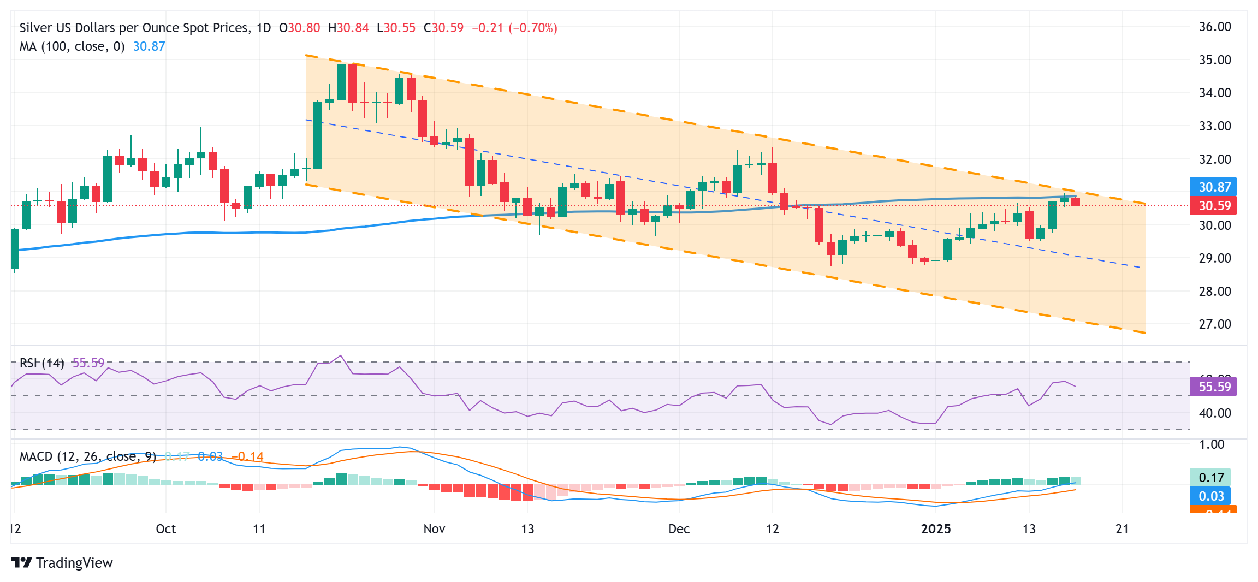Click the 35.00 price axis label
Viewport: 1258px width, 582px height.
(x=1214, y=60)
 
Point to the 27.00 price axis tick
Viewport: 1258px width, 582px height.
(x=1214, y=324)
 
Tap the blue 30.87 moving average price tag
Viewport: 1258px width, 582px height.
(x=1214, y=187)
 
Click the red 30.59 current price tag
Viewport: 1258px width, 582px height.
(x=1214, y=206)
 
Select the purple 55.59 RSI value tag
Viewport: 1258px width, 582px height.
(x=1214, y=387)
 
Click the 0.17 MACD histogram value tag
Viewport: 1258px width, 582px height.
(x=1210, y=478)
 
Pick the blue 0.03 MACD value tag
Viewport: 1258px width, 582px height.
(x=1210, y=496)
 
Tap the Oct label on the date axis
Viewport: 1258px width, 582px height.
(x=166, y=529)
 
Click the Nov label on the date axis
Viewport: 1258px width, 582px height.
(x=434, y=529)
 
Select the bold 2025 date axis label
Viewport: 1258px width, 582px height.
(x=936, y=529)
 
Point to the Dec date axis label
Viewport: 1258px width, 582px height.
(x=679, y=529)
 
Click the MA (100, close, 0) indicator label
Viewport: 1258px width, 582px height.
(x=72, y=46)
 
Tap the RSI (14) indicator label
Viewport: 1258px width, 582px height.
(x=42, y=363)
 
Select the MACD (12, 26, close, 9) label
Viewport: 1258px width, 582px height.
(x=88, y=456)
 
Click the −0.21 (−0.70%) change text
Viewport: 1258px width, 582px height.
(x=514, y=28)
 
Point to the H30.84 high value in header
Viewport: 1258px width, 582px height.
(x=348, y=28)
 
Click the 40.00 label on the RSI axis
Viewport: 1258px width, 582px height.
(x=1214, y=413)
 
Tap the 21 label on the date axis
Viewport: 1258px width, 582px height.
(x=1122, y=529)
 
